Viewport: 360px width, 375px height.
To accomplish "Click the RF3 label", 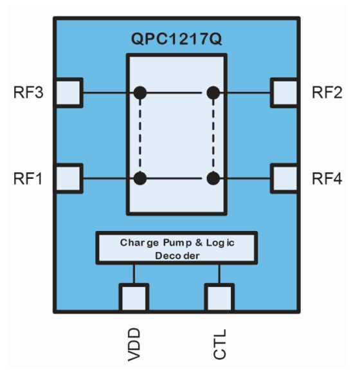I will click(28, 93).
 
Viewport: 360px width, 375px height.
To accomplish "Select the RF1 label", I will click(28, 178).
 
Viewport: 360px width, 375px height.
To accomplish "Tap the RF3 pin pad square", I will click(69, 93).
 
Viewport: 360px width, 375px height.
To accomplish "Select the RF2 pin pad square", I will click(283, 93).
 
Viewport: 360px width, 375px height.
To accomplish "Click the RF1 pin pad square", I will click(69, 178).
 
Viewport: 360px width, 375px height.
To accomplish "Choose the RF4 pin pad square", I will click(283, 178).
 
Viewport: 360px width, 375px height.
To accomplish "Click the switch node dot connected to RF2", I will click(213, 93).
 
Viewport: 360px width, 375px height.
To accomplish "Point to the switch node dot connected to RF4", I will click(213, 178).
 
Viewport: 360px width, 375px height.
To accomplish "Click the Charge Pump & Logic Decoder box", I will click(176, 248).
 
